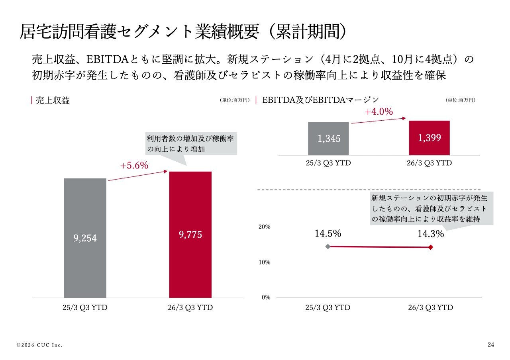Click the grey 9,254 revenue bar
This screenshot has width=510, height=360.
pos(85,238)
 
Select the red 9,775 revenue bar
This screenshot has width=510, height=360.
pos(190,235)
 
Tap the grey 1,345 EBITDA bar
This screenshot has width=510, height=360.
pos(329,139)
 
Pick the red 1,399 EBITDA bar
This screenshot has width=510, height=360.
pos(430,137)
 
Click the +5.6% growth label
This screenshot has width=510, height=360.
pos(134,166)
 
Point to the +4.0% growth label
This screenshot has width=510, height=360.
pos(379,112)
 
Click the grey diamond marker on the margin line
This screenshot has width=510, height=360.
pos(328,247)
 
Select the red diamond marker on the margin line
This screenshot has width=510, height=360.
pos(431,247)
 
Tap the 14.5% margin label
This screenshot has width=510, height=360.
pos(328,234)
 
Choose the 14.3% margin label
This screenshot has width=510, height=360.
pos(431,234)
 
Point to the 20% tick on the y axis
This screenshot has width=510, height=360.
pos(265,227)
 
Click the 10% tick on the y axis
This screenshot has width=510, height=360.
pos(265,262)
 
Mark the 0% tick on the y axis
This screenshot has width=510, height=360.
pos(266,297)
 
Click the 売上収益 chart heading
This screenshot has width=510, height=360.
pos(53,101)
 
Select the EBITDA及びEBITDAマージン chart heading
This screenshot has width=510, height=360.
pos(320,100)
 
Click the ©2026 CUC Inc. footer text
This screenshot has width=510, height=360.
pos(39,345)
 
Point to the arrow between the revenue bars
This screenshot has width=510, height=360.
pos(137,176)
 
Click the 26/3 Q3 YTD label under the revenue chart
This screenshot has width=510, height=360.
pos(191,308)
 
